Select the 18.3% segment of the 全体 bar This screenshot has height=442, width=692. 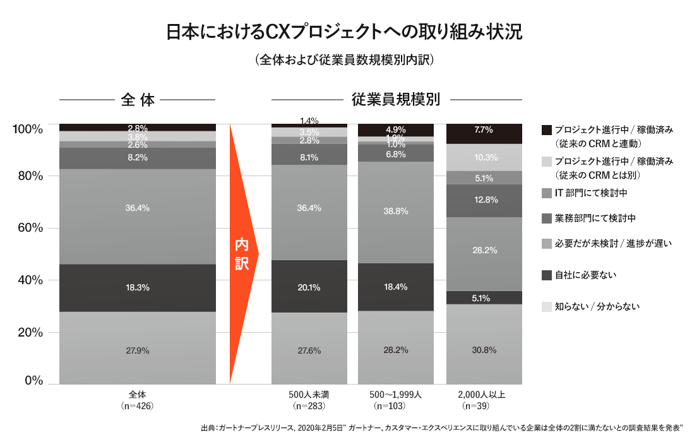coord(138,288)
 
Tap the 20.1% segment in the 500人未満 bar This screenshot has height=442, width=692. coord(309,287)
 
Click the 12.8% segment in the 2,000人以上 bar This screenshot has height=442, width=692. coord(484,200)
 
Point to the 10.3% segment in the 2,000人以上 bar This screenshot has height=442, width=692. coord(484,157)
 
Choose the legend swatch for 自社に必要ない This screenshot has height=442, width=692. coord(547,275)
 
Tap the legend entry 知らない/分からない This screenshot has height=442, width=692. coord(597,307)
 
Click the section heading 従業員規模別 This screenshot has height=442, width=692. coord(396,99)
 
